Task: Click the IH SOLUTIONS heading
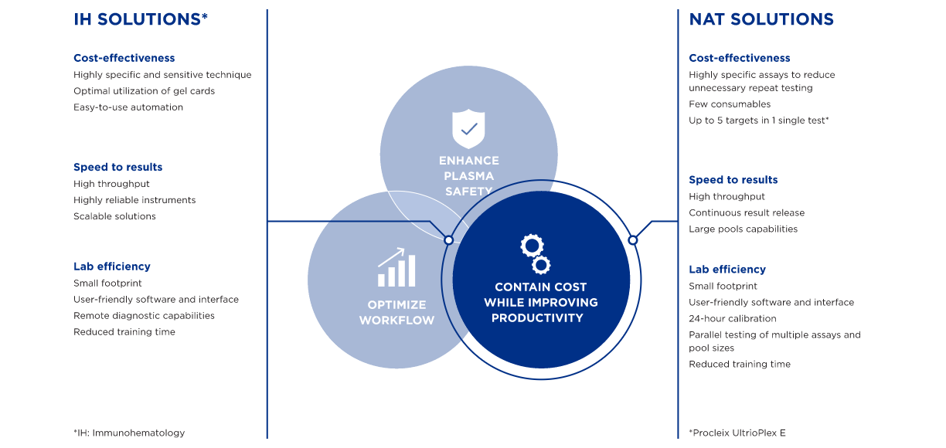coord(141,19)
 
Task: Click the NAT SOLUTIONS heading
coord(761,19)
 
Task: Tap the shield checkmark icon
coord(468,129)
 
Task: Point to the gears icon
coord(535,254)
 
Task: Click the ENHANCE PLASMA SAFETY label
coord(469,176)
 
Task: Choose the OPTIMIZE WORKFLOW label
coord(396,313)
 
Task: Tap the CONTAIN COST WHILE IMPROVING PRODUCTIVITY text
coord(540,302)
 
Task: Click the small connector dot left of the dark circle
coord(448,240)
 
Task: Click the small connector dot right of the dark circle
coord(633,240)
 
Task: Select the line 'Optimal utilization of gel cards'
coord(144,91)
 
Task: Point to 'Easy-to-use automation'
coord(128,107)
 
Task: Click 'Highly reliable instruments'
coord(134,200)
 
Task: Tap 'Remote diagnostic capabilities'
coord(144,316)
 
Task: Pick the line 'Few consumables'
coord(730,104)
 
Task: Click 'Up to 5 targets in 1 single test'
coord(759,120)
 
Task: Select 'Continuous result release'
coord(747,213)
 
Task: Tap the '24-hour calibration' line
coord(733,319)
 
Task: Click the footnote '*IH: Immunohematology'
coord(129,433)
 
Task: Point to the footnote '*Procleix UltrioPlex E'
coord(737,433)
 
